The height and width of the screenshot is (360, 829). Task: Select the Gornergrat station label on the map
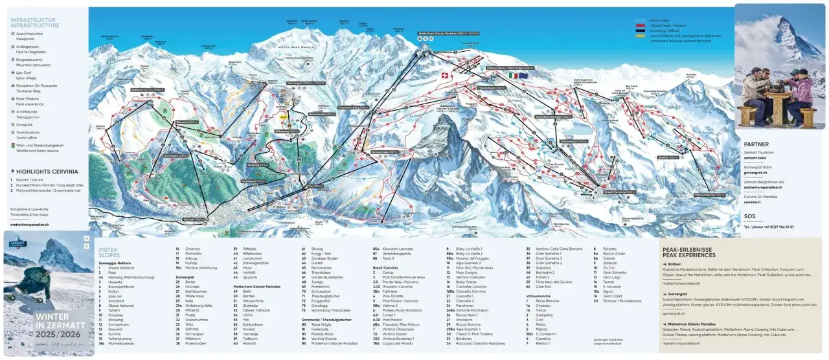(x=304, y=84)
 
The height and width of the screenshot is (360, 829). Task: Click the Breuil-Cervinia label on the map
(x=619, y=192)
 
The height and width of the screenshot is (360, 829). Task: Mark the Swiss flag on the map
(x=444, y=76)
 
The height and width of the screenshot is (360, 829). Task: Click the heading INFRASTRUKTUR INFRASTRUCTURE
(x=34, y=23)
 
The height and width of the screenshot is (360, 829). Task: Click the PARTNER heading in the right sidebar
(x=756, y=144)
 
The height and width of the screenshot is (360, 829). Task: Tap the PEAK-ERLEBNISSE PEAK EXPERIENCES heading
(x=687, y=252)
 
